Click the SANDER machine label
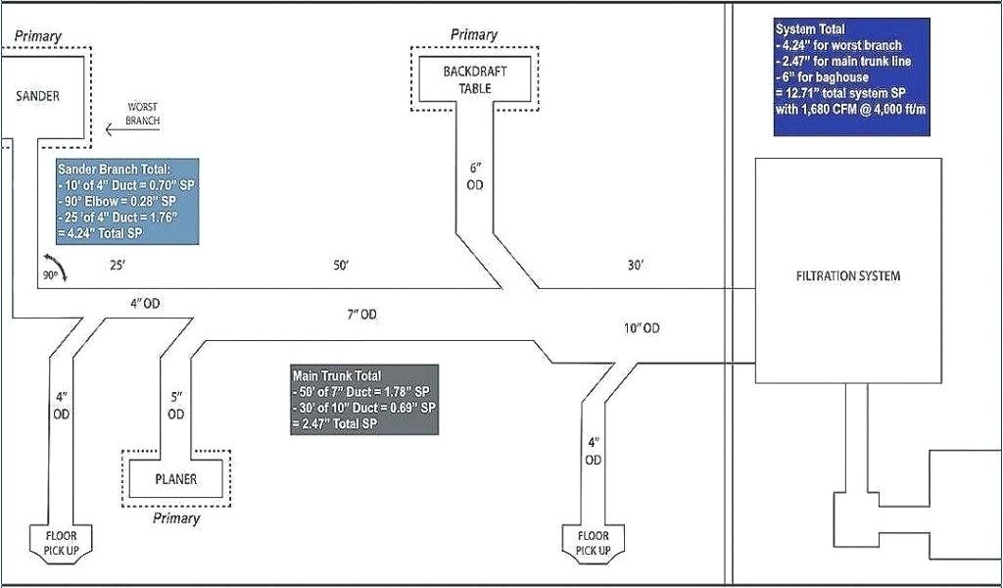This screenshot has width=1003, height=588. click(x=38, y=96)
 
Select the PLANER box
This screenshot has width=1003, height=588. click(x=175, y=479)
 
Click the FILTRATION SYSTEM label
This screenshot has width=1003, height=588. click(x=847, y=275)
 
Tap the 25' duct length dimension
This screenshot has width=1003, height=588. click(x=118, y=266)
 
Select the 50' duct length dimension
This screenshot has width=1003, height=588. click(x=341, y=266)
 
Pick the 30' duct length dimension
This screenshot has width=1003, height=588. click(x=636, y=266)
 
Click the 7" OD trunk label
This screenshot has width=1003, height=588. click(x=361, y=315)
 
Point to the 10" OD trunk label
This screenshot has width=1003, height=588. click(x=642, y=327)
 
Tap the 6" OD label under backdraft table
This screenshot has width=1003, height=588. click(x=475, y=175)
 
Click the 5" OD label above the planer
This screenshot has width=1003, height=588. click(x=175, y=405)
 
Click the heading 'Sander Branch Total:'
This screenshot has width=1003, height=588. click(x=114, y=170)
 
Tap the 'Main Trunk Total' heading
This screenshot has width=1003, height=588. click(x=336, y=375)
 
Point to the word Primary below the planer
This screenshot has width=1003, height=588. click(x=176, y=518)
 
